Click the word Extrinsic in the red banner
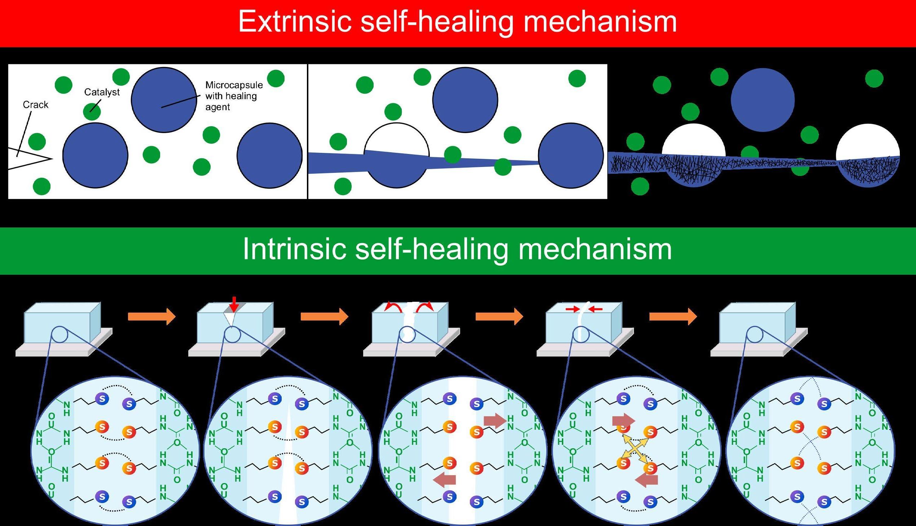pos(295,22)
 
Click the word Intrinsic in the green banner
pos(294,249)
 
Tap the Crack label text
pos(35,105)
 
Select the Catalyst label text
pos(102,92)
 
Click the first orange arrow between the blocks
pos(151,317)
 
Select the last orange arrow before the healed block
pos(673,317)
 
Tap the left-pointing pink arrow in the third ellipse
pos(444,480)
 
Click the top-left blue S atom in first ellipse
pos(102,399)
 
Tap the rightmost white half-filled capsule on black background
pos(868,155)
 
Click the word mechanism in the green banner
pos(595,249)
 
